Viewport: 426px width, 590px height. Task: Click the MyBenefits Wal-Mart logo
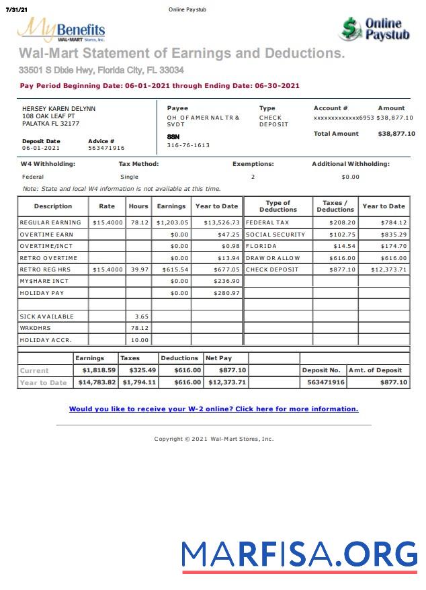tap(61, 30)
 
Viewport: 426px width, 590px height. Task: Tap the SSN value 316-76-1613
tap(188, 145)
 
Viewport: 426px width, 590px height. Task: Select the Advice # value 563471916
tap(106, 148)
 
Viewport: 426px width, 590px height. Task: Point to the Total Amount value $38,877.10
tap(396, 134)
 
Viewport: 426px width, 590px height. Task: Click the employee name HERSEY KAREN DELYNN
tap(58, 108)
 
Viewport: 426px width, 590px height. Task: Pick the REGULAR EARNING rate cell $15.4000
tap(108, 222)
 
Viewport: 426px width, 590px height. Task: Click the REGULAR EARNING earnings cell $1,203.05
tap(173, 222)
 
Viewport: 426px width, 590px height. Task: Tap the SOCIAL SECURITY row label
tap(275, 235)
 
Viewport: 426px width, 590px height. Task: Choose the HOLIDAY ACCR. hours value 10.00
tap(140, 340)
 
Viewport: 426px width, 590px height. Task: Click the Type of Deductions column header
tap(278, 206)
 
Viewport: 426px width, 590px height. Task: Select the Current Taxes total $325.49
tap(139, 370)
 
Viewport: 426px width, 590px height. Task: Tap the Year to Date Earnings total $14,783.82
tap(97, 382)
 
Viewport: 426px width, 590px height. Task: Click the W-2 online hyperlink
tap(214, 409)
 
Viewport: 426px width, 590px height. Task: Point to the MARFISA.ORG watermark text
tap(299, 554)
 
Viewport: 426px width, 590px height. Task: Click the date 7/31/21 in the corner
tap(16, 9)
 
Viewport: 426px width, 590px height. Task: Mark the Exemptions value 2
tap(253, 177)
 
